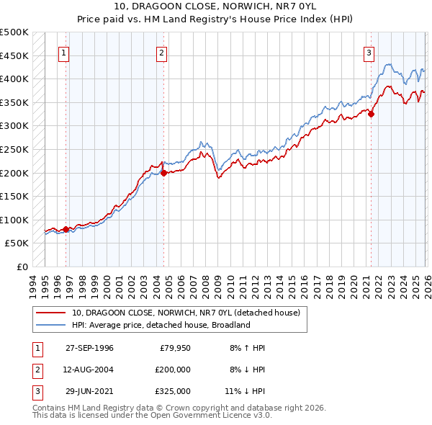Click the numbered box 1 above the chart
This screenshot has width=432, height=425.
click(65, 52)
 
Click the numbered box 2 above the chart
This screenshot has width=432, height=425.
click(162, 52)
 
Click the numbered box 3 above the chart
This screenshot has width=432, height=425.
click(369, 52)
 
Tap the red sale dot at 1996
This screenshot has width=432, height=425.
click(66, 230)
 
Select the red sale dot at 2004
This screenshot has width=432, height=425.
click(163, 173)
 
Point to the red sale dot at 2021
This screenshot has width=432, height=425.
click(372, 114)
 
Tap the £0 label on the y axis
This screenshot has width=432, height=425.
click(22, 267)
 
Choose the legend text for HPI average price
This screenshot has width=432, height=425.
click(160, 325)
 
